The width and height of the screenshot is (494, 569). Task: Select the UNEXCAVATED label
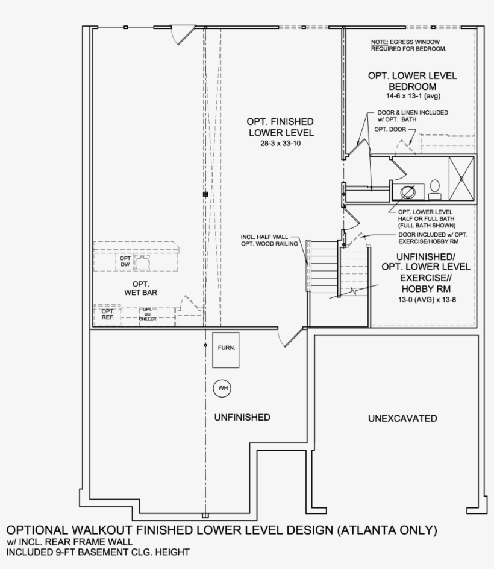tap(402, 418)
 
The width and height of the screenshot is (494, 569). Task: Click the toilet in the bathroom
tap(434, 190)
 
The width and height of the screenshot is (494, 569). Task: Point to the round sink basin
tap(408, 192)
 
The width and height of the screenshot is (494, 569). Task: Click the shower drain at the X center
tap(462, 178)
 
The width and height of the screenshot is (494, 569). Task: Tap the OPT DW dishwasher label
tap(125, 261)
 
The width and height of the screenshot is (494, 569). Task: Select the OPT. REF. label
tap(108, 314)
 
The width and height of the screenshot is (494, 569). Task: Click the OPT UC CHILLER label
tap(147, 314)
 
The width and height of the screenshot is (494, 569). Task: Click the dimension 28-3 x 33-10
tap(281, 144)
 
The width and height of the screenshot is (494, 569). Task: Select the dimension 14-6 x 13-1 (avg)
tap(412, 97)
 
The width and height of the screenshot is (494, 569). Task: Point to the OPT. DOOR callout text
tap(388, 129)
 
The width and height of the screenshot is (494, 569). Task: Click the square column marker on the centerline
tap(205, 194)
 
